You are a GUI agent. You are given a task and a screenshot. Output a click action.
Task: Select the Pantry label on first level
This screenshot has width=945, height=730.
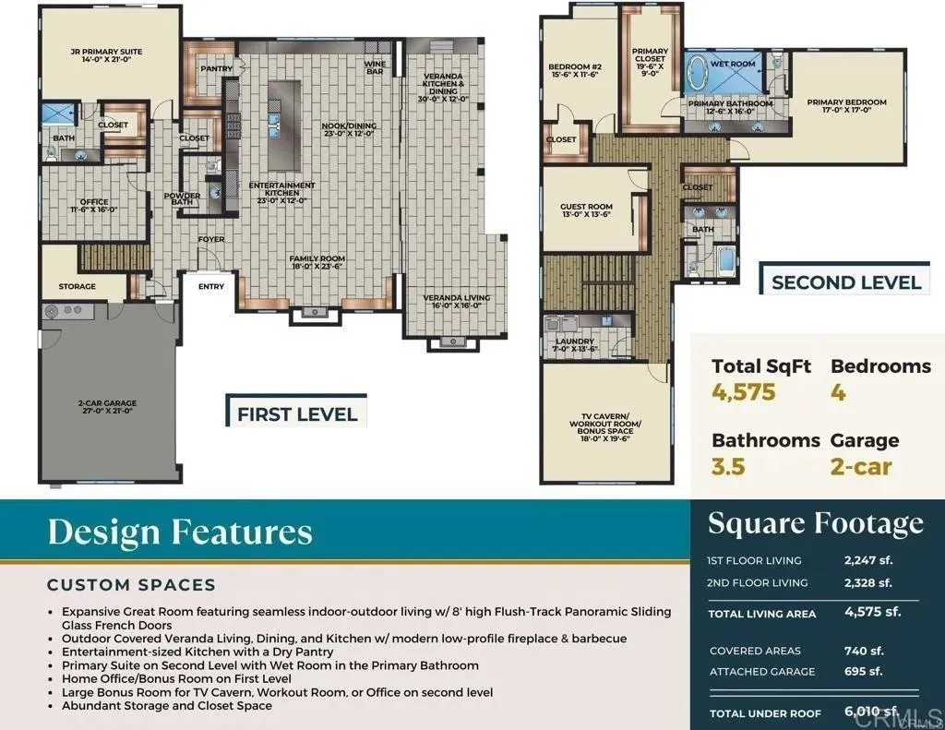tap(216, 68)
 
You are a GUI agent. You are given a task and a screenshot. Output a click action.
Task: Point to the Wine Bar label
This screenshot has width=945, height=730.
tap(374, 66)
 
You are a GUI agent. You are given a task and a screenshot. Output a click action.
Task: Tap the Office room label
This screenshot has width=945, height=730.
tap(94, 206)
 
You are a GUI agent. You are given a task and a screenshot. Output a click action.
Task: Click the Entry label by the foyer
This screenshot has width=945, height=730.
tap(211, 286)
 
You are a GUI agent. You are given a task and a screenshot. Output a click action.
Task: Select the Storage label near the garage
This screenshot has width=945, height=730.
tap(77, 286)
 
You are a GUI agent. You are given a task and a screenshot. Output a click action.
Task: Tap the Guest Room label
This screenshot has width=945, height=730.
tap(586, 211)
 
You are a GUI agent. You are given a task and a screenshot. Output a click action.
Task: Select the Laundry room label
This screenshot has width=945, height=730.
tap(573, 346)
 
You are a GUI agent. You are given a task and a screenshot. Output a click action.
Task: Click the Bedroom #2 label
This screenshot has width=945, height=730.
tap(574, 71)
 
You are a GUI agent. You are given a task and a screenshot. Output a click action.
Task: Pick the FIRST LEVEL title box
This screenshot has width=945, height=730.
tap(296, 413)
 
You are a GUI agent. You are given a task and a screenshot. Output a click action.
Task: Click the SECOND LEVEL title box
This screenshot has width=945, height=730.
tap(845, 281)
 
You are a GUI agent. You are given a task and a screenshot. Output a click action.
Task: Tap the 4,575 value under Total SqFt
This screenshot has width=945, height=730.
tap(744, 392)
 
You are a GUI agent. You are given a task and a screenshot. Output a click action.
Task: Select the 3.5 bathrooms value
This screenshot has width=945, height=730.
tap(728, 466)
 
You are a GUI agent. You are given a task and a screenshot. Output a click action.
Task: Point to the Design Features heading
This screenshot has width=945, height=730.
tap(180, 533)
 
